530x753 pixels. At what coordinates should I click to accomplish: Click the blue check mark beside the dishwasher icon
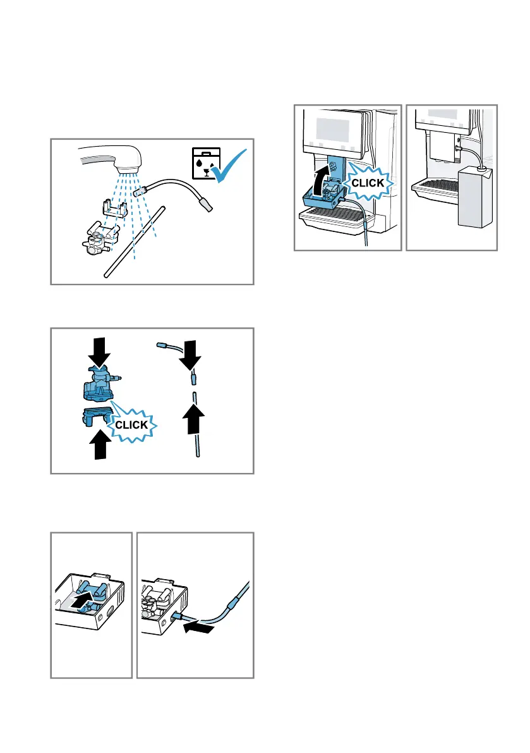pyautogui.click(x=231, y=166)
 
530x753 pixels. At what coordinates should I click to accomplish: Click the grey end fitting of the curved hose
pyautogui.click(x=206, y=204)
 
